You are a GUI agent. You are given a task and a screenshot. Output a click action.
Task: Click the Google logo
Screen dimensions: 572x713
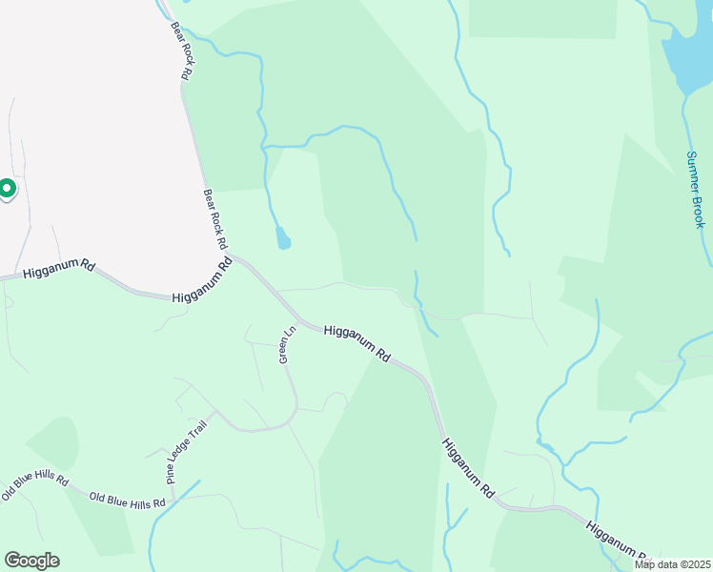31,561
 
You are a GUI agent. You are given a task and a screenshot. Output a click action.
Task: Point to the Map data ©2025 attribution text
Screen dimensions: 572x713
672,564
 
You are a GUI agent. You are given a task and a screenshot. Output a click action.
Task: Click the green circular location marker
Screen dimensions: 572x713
6,189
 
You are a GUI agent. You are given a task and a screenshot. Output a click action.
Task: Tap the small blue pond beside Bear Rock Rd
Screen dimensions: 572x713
282,237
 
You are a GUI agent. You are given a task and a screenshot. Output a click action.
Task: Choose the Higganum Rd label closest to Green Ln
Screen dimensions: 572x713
357,343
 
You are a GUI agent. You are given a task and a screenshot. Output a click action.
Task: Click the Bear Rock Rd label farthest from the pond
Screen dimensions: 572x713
183,51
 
